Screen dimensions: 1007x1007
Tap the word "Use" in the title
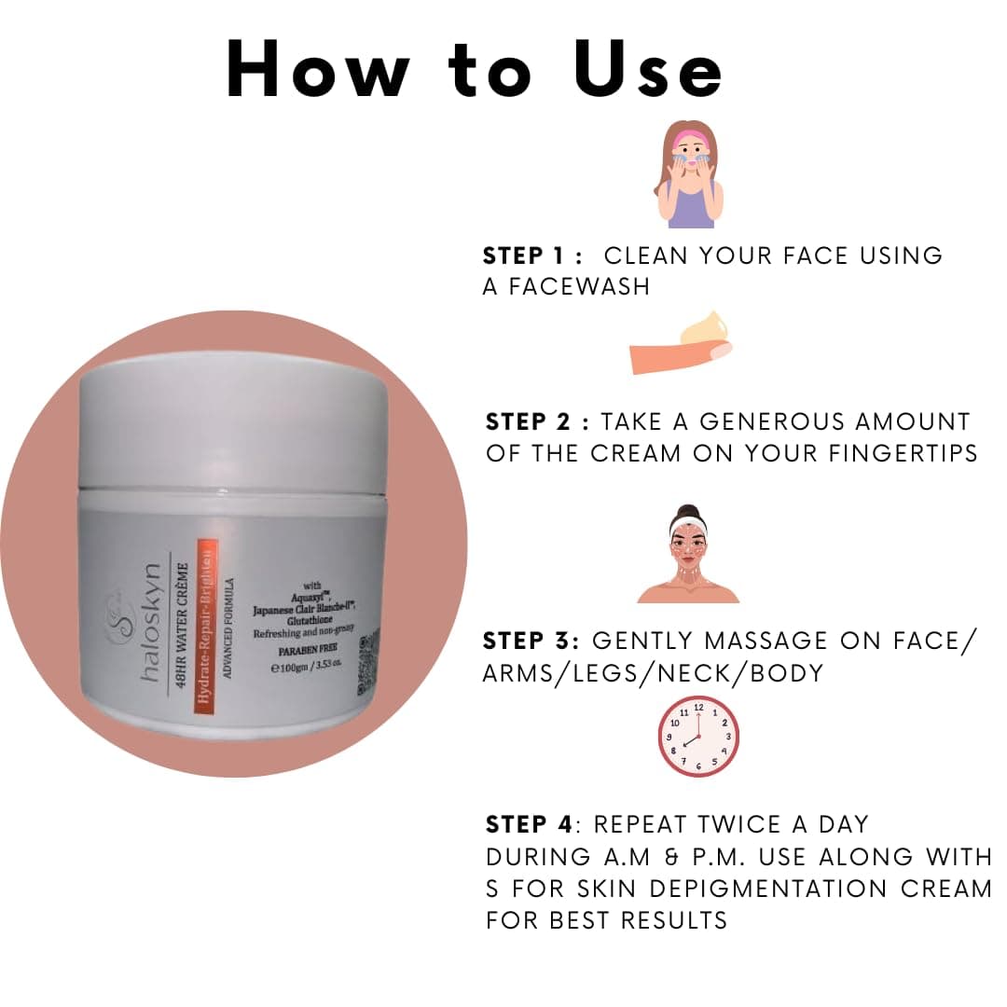648,71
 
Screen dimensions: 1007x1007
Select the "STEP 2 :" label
537,422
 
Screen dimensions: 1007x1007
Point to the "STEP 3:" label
531,641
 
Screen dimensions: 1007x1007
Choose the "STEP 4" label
529,825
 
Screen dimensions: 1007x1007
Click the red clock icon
698,737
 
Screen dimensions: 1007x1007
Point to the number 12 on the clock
698,709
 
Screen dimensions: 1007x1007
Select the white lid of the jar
233,420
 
